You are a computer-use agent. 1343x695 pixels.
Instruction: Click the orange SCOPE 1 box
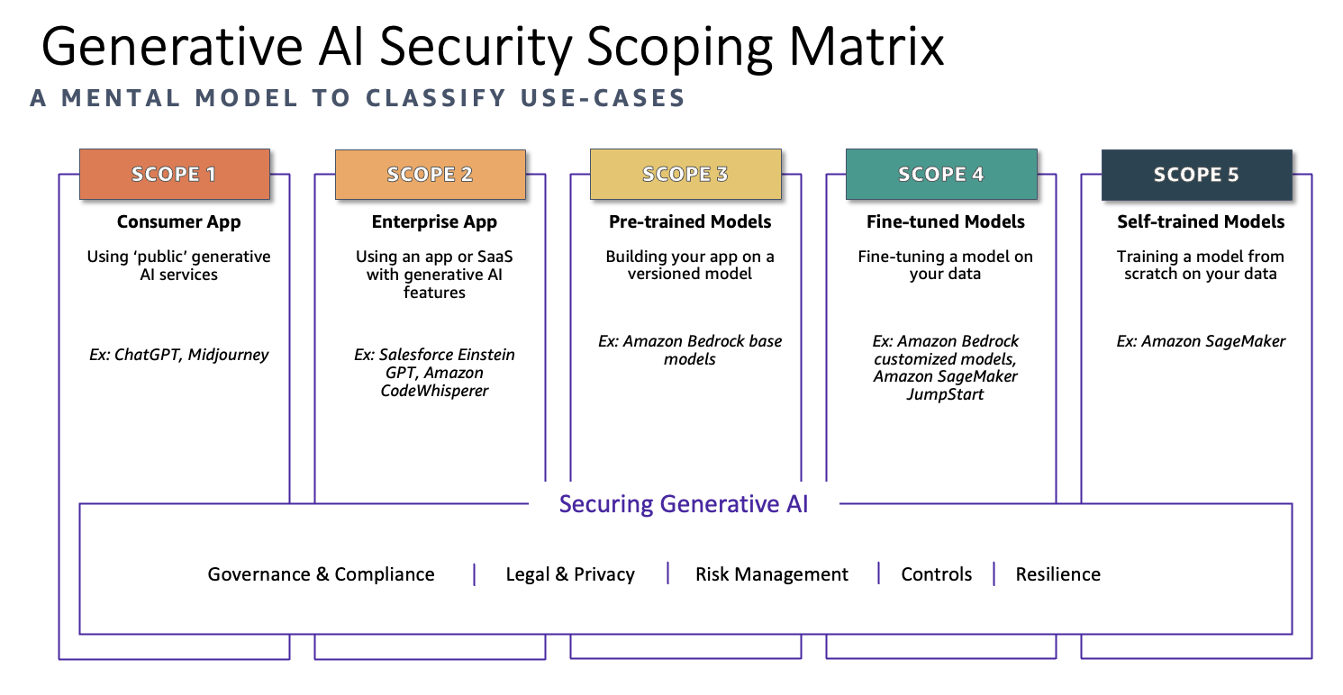coord(175,174)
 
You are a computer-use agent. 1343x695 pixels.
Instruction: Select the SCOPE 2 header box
coord(430,174)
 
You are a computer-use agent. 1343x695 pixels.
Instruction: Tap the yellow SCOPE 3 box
coord(685,174)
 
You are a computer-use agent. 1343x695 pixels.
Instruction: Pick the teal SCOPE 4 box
coord(941,174)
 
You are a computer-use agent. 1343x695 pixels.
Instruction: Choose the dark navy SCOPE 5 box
coord(1196,174)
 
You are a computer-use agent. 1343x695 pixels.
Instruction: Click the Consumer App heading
coord(178,221)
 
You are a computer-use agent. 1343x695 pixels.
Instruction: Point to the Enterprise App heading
coord(434,221)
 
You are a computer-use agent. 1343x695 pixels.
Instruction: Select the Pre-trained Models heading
coord(690,221)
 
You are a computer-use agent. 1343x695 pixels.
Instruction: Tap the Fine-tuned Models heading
coord(946,221)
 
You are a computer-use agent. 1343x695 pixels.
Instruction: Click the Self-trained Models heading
coord(1201,221)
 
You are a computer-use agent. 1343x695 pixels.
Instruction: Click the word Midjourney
coord(228,355)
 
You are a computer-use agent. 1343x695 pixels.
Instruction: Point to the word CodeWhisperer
coord(434,391)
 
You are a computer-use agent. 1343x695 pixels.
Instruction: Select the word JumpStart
coord(945,394)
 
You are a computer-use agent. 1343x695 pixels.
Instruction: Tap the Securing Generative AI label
coord(684,503)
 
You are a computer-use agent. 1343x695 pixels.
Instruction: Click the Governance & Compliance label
coord(321,574)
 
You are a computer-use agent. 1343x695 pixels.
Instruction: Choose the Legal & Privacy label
coord(570,574)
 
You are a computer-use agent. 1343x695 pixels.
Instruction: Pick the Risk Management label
coord(771,574)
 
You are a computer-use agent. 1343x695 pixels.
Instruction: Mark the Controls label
coord(937,574)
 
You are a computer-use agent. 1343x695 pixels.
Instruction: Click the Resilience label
coord(1057,574)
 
